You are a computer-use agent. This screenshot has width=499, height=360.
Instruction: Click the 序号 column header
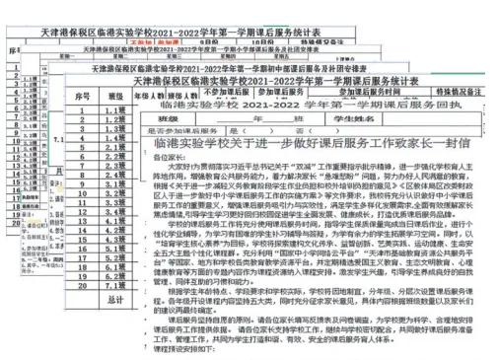(x=111, y=98)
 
